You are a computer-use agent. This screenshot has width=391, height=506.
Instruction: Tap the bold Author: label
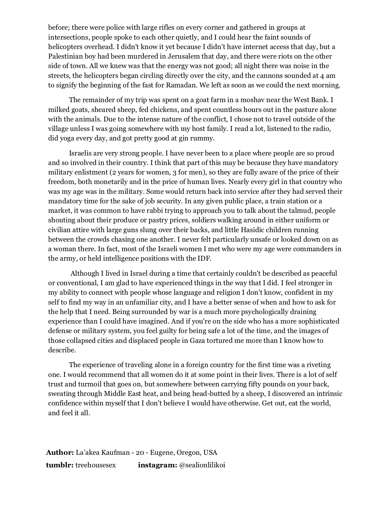pos(60,453)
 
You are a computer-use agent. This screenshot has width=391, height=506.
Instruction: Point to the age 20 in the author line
pos(140,453)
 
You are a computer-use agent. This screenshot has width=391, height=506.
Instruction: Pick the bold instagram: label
pos(157,465)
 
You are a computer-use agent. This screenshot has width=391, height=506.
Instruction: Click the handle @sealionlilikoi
pos(202,465)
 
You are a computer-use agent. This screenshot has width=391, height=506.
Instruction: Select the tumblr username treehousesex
pos(96,465)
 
